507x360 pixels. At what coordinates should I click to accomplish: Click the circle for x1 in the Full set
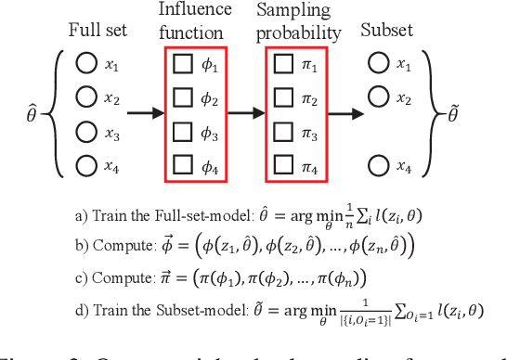[x=87, y=65]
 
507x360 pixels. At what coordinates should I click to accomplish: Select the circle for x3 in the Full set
[x=87, y=134]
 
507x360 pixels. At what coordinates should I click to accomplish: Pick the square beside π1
[x=284, y=65]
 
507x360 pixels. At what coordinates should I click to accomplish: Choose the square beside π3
[x=284, y=134]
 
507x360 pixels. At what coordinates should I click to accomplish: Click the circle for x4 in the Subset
[x=378, y=168]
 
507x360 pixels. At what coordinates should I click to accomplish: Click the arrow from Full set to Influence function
[x=144, y=116]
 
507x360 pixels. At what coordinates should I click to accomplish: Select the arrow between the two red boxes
[x=246, y=116]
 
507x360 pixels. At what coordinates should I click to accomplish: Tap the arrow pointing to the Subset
[x=345, y=116]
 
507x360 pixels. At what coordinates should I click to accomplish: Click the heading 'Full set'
[x=97, y=29]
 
